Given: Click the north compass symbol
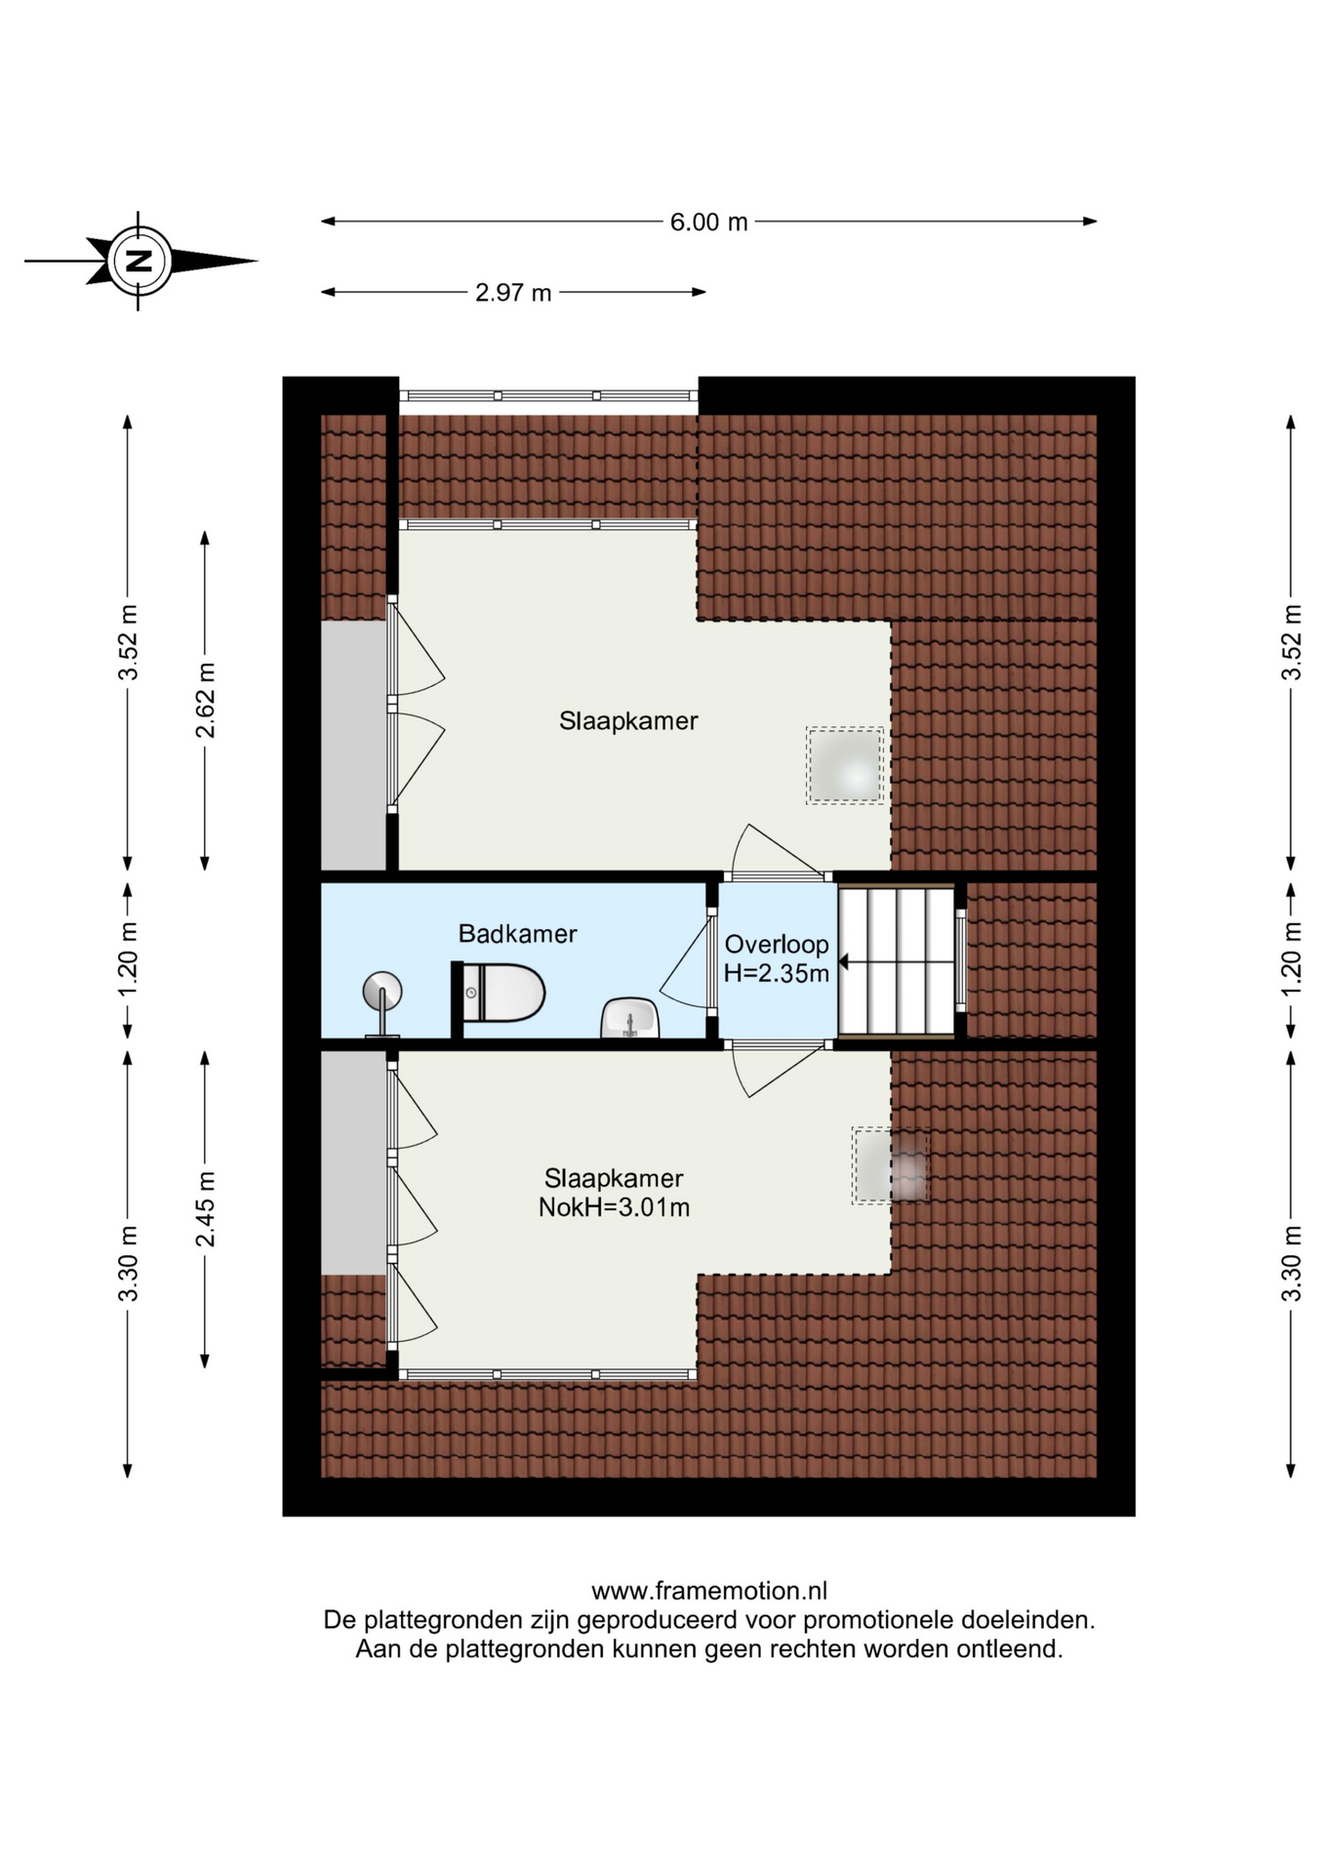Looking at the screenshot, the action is [x=141, y=261].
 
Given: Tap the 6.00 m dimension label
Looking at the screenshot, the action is [x=708, y=222].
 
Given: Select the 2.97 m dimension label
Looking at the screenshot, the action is [x=513, y=292].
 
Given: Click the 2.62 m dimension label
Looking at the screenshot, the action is [x=206, y=701].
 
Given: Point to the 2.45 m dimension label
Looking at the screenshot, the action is [x=206, y=1209].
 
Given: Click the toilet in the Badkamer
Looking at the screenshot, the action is [x=499, y=992].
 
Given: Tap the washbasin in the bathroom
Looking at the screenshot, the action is [x=630, y=1018].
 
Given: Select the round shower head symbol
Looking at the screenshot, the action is [x=381, y=993].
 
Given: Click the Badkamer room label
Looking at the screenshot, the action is [x=517, y=934].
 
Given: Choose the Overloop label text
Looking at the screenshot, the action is [x=777, y=944].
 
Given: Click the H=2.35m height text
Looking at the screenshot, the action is [x=777, y=972].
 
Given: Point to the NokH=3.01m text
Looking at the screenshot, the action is [x=614, y=1207].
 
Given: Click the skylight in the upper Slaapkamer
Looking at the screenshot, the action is [x=845, y=766].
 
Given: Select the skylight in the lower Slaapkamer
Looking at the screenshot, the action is [x=890, y=1166].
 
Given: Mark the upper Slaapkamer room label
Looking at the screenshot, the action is [x=628, y=721].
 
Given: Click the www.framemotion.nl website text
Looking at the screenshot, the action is [x=709, y=1591].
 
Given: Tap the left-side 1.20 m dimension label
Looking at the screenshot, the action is [x=128, y=960].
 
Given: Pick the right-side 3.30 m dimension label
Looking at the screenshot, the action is [x=1291, y=1264].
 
